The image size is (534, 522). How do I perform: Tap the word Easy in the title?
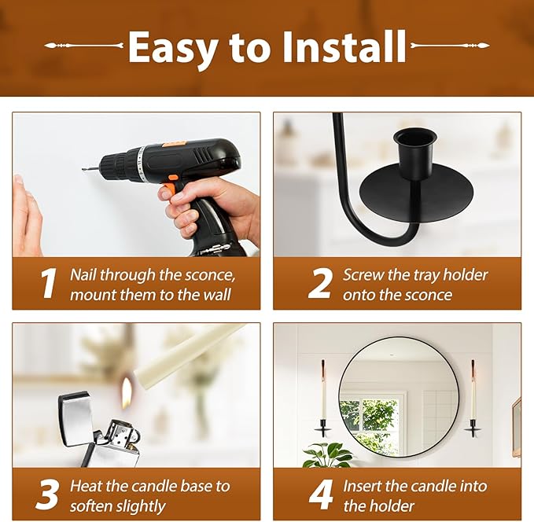[173, 50]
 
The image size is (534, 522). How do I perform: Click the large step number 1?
[48, 283]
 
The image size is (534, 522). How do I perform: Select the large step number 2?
[319, 283]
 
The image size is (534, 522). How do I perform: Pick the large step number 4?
[320, 494]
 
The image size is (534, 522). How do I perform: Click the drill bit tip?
[84, 170]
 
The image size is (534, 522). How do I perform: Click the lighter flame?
[127, 392]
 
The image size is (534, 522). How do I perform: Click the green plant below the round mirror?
[327, 455]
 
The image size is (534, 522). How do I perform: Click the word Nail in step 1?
[83, 274]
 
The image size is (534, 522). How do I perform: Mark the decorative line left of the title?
[84, 46]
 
